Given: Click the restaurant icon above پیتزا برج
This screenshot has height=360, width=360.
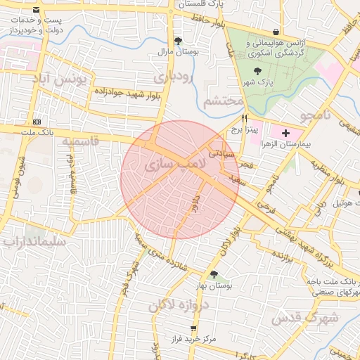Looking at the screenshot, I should [244, 118].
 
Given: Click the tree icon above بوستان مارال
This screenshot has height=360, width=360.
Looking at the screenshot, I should [178, 41].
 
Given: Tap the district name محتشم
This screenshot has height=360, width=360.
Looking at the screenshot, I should [223, 102].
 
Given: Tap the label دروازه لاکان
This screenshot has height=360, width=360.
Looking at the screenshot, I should [174, 305].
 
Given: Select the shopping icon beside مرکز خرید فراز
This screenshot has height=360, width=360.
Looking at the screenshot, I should [192, 328].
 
